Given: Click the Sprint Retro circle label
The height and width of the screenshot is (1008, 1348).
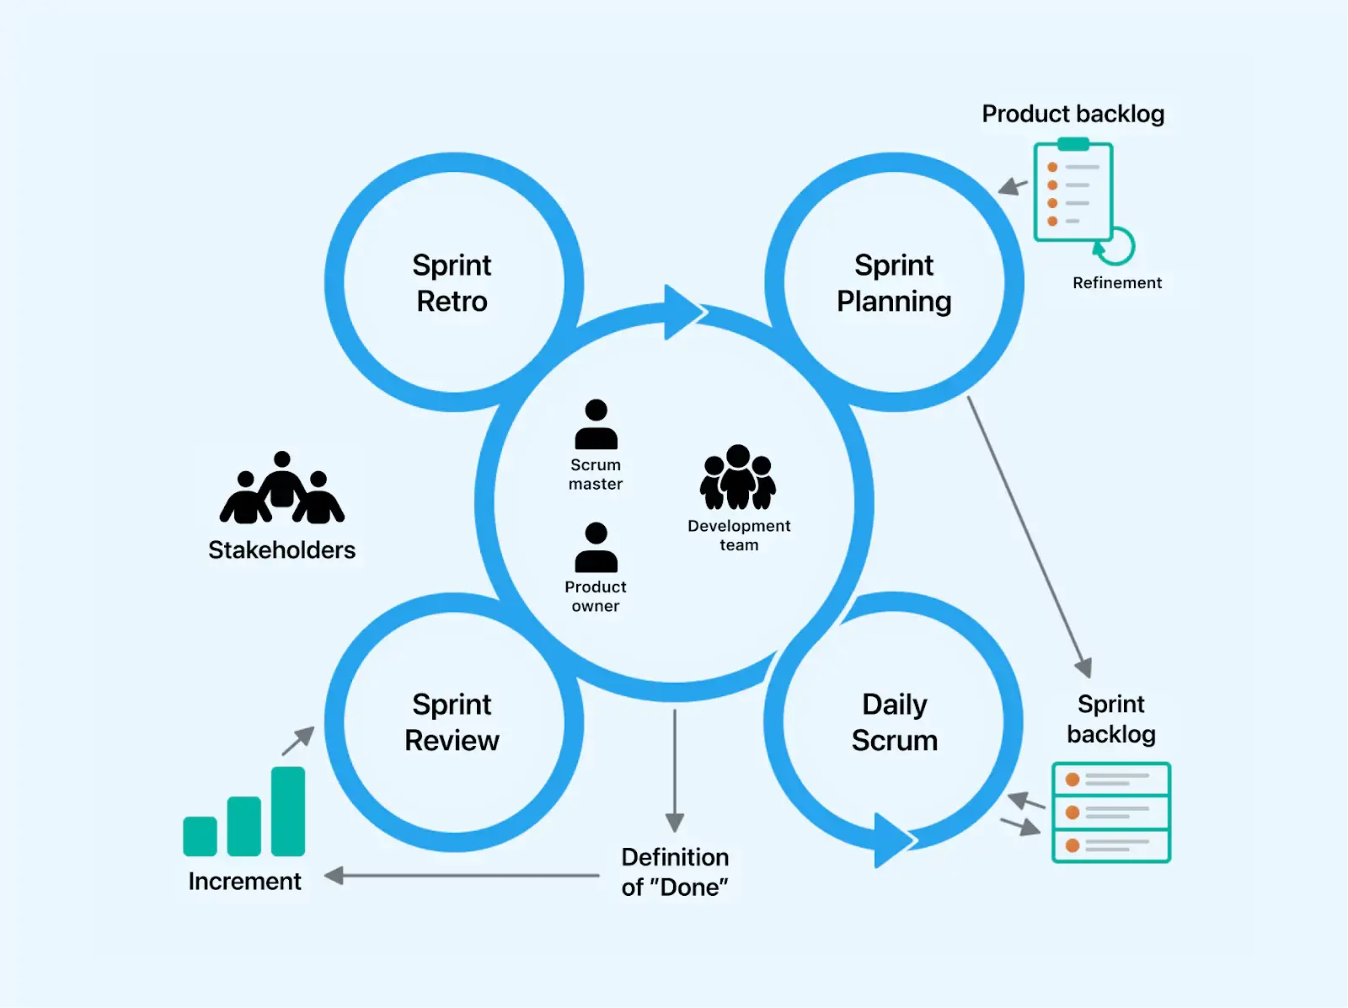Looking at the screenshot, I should [x=452, y=283].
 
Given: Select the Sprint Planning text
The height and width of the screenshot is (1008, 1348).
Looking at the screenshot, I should [x=894, y=283].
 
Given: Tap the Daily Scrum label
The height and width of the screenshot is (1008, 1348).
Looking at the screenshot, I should [x=894, y=722].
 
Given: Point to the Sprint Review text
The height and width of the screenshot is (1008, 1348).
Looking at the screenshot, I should [x=452, y=722].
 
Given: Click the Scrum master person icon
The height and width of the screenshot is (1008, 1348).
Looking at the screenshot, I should [x=596, y=425].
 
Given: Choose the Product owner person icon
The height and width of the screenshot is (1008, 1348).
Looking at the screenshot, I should [x=596, y=548].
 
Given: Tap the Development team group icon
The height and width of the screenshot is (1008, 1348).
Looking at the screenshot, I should [x=738, y=478].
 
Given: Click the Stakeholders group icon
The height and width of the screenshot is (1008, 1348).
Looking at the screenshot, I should [x=281, y=489].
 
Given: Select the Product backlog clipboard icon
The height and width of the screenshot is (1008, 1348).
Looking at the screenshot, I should [x=1073, y=192].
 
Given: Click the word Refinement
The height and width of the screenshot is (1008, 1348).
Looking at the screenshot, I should [x=1116, y=283].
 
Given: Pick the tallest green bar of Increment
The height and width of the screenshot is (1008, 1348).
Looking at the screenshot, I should [x=288, y=811].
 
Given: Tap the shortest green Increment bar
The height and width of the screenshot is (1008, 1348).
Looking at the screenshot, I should [x=201, y=836].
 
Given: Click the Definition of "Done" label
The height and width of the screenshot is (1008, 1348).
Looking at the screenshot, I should [x=675, y=871].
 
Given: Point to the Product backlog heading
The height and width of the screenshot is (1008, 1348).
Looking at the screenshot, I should [x=1073, y=114].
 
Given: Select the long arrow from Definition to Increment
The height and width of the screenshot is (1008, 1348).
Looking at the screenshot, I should [x=463, y=876].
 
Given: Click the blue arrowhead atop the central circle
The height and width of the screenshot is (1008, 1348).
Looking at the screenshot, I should [x=682, y=313].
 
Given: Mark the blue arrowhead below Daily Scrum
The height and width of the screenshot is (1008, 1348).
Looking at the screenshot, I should [x=891, y=839].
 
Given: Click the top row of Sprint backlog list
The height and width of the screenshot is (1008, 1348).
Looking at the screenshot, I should [x=1111, y=779].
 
